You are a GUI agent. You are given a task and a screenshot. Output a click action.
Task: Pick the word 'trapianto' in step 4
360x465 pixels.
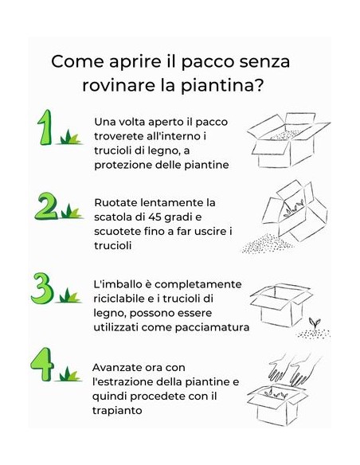[119, 410]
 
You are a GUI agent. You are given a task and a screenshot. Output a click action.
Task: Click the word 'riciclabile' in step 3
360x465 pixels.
[121, 299]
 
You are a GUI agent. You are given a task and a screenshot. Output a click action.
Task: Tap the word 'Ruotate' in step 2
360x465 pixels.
[116, 202]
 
